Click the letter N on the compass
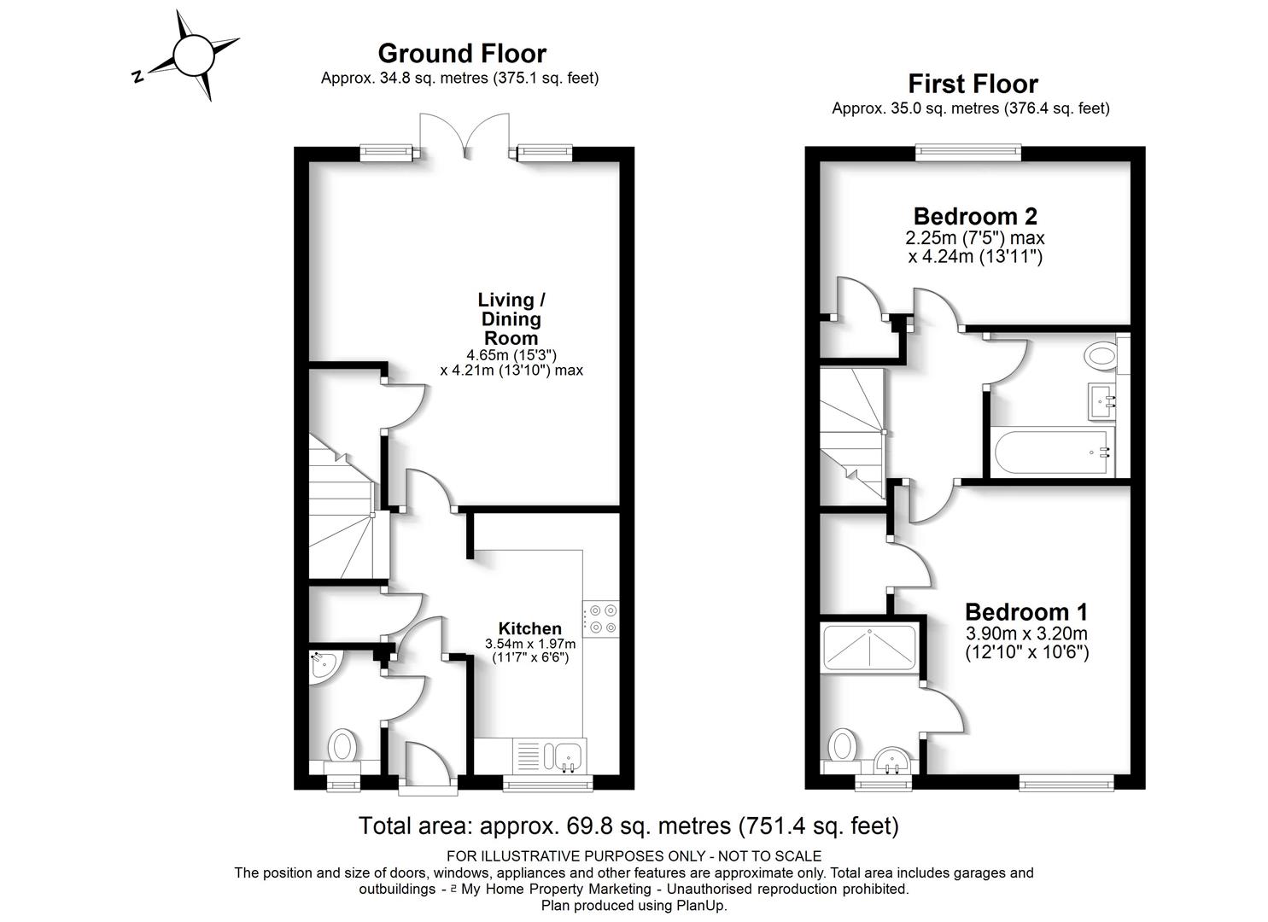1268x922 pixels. [137, 77]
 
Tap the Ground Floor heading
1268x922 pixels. [462, 54]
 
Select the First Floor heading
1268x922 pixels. [973, 85]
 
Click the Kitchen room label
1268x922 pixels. [530, 628]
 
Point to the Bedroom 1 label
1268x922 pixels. [1026, 612]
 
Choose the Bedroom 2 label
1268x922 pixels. [975, 216]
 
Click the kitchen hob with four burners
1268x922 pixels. [601, 619]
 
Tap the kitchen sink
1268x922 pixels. [558, 756]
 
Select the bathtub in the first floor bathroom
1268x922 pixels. [1052, 452]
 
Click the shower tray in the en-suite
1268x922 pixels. [869, 647]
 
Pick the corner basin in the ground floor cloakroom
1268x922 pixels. [323, 668]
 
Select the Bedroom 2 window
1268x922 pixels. [968, 151]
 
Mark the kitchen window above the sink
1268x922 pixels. [547, 783]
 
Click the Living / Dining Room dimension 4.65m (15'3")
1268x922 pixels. [511, 355]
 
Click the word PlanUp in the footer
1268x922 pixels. [701, 906]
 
